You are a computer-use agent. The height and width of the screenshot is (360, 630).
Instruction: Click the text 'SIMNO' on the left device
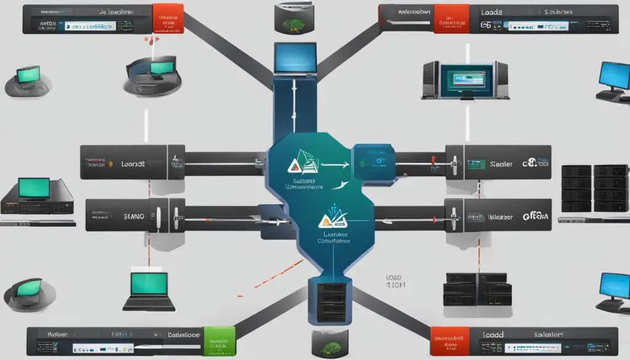point(135,217)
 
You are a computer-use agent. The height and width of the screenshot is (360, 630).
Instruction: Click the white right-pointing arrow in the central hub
point(325,166)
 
